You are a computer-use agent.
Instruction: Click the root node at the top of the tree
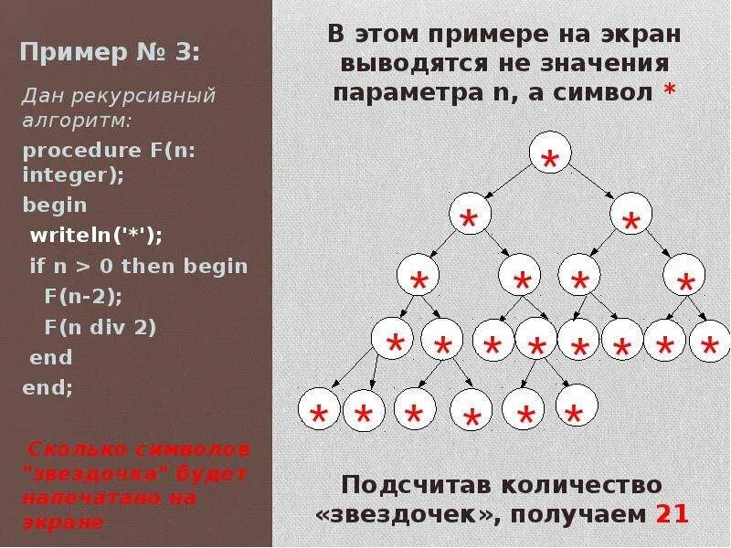(x=549, y=157)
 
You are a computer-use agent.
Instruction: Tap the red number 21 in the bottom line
(x=672, y=515)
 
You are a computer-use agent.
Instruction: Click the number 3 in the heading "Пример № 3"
(x=188, y=52)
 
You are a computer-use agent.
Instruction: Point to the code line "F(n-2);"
(x=83, y=296)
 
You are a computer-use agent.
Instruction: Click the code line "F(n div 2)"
(x=101, y=326)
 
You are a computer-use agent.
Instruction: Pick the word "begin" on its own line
(x=55, y=205)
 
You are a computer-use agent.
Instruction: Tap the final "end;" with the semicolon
(x=48, y=386)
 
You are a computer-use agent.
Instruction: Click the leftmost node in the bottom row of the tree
(x=321, y=410)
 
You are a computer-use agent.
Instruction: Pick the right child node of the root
(x=630, y=216)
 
